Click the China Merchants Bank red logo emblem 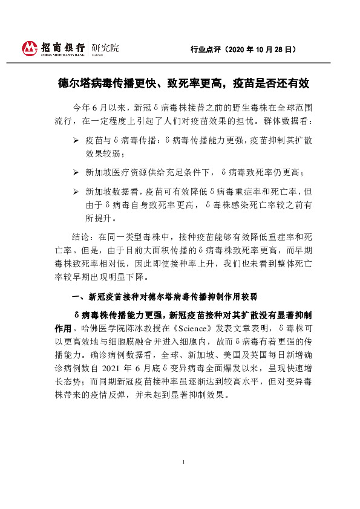click(x=30, y=47)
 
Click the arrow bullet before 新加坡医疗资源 click(x=75, y=173)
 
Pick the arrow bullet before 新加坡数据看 click(x=75, y=192)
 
